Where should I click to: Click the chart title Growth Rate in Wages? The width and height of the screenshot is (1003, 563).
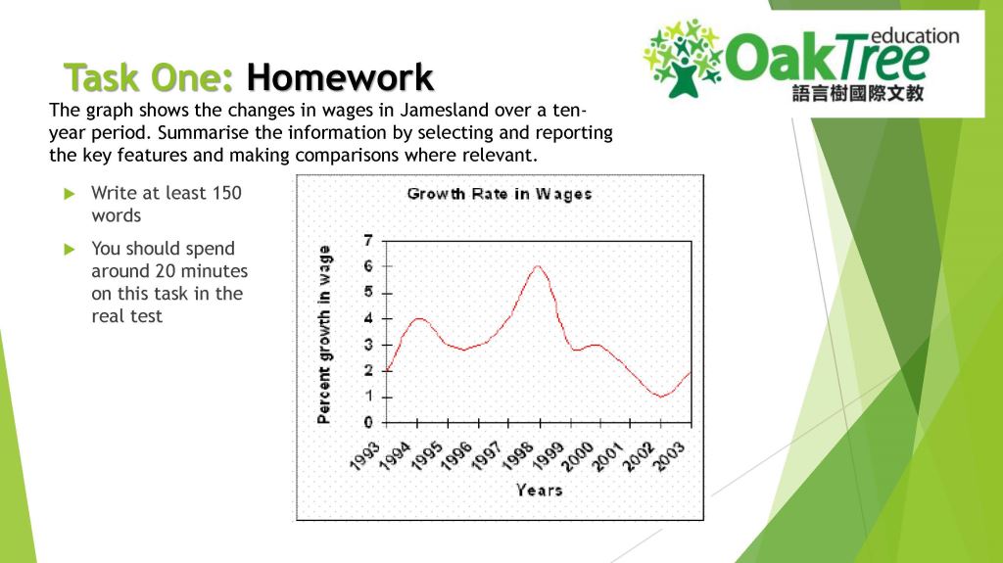pyautogui.click(x=500, y=194)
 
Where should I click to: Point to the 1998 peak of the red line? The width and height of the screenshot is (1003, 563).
pyautogui.click(x=538, y=266)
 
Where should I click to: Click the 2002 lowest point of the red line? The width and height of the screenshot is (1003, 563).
pyautogui.click(x=661, y=397)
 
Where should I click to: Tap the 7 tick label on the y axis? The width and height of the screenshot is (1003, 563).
pyautogui.click(x=368, y=241)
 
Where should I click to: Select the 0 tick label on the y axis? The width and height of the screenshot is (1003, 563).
pyautogui.click(x=368, y=423)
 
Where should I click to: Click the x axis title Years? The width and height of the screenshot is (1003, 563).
pyautogui.click(x=539, y=489)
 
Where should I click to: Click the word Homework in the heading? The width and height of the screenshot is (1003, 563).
pyautogui.click(x=339, y=76)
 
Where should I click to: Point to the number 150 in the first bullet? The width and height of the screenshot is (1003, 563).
pyautogui.click(x=225, y=193)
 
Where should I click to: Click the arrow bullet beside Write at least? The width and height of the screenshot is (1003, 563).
pyautogui.click(x=69, y=193)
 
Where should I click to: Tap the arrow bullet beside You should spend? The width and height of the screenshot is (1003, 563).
pyautogui.click(x=69, y=249)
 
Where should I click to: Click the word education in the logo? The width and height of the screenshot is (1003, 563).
pyautogui.click(x=914, y=36)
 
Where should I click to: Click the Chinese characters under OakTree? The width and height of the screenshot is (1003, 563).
pyautogui.click(x=857, y=94)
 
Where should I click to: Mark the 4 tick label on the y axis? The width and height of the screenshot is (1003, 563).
pyautogui.click(x=368, y=318)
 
